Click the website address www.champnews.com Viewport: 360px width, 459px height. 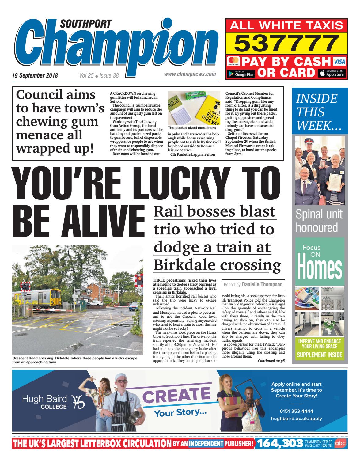pyautogui.click(x=190, y=74)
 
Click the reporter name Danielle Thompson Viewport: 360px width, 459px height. pyautogui.click(x=262, y=284)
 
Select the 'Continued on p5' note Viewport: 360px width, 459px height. pyautogui.click(x=271, y=361)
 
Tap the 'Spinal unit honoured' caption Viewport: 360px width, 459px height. pyautogui.click(x=319, y=221)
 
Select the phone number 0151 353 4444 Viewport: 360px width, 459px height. pyautogui.click(x=296, y=411)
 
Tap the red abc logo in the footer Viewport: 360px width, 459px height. pyautogui.click(x=340, y=443)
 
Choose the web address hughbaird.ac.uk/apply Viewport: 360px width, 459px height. pyautogui.click(x=296, y=419)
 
